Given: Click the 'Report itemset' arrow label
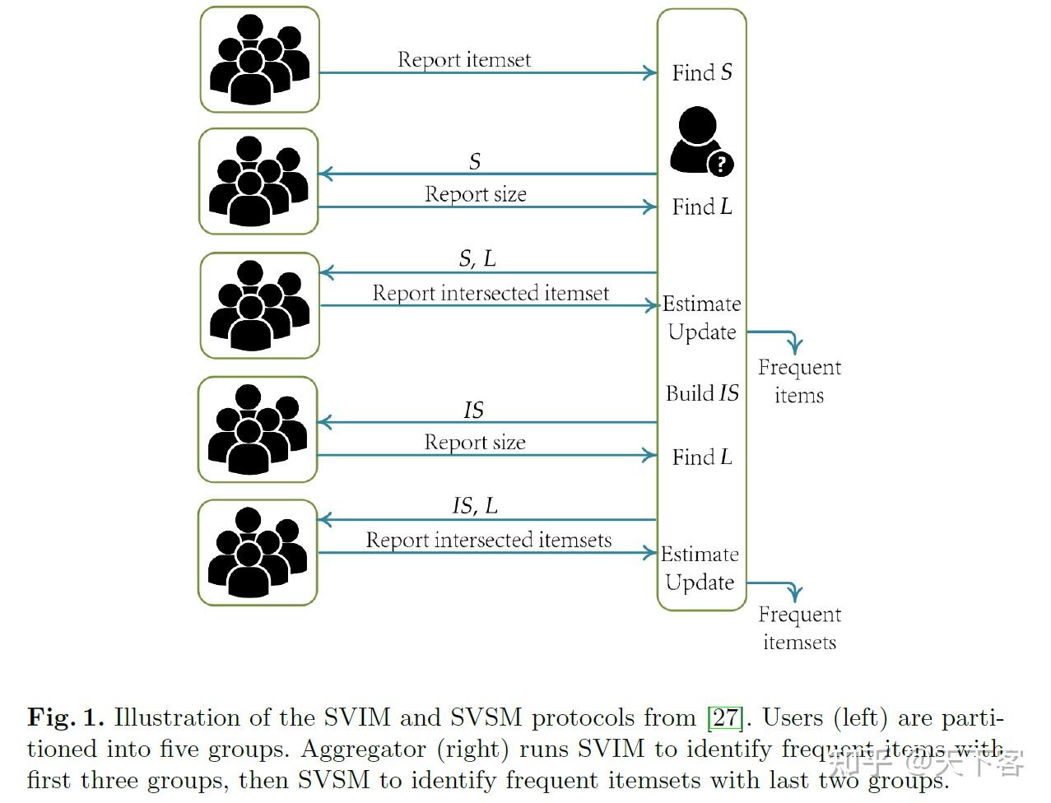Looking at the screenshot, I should click(464, 59).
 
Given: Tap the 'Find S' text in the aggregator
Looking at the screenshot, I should click(701, 72).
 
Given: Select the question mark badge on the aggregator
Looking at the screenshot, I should click(720, 164).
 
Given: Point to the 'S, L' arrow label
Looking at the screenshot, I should click(477, 258).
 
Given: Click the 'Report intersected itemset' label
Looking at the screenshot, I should click(491, 293).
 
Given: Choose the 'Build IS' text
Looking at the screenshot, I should click(702, 393).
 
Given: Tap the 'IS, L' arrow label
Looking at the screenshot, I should click(475, 505).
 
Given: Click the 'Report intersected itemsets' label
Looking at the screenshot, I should click(489, 540).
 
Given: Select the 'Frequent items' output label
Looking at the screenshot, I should click(799, 381).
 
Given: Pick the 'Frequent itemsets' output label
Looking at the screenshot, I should click(799, 628).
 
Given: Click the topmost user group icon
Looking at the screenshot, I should click(259, 59).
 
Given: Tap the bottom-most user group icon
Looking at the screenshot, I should click(258, 552).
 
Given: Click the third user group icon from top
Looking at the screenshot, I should click(259, 305).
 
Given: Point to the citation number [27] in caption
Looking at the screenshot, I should click(725, 717).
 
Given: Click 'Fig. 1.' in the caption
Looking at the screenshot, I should click(66, 717).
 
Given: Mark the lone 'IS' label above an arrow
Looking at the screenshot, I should click(474, 410).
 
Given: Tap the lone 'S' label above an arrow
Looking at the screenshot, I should click(475, 161).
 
